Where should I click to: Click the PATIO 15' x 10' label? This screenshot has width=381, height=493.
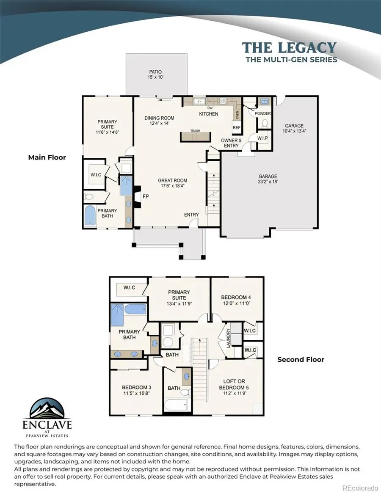155,75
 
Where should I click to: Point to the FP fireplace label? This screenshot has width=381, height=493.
145,196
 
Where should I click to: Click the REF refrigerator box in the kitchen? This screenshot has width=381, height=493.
236,127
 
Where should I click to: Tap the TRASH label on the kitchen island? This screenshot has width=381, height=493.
195,131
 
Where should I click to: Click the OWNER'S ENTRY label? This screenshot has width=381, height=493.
231,143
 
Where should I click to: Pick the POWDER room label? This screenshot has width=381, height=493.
262,113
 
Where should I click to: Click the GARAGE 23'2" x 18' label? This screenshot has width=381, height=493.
268,179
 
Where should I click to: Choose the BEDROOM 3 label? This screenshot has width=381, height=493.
136,390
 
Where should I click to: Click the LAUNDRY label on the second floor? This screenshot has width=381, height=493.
228,338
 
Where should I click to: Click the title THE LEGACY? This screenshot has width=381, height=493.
290,47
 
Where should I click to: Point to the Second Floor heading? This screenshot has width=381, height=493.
301,359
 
